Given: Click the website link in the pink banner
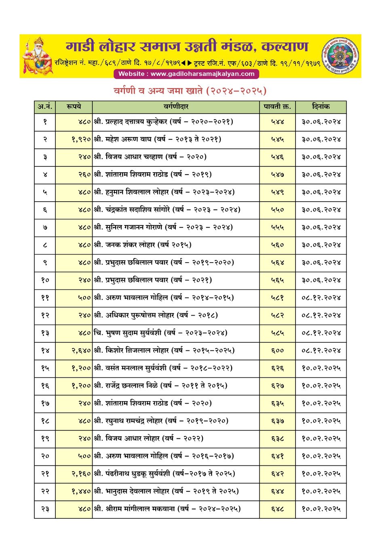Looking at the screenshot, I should pos(186,74).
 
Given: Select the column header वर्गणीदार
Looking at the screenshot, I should pos(176,107).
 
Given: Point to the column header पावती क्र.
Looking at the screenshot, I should pos(277,107).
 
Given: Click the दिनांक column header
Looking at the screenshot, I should pos(321,107).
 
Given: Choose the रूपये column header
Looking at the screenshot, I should pos(74,107).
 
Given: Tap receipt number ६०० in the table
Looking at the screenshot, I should pos(277,351).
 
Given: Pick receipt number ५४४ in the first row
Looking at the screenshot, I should pos(277,122).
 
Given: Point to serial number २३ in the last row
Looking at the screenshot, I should pos(45,509).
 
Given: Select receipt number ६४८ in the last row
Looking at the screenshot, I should pos(277,509).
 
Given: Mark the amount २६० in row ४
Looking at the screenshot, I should pos(84,175).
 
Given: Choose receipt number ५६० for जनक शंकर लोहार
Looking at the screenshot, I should pos(277,245).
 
